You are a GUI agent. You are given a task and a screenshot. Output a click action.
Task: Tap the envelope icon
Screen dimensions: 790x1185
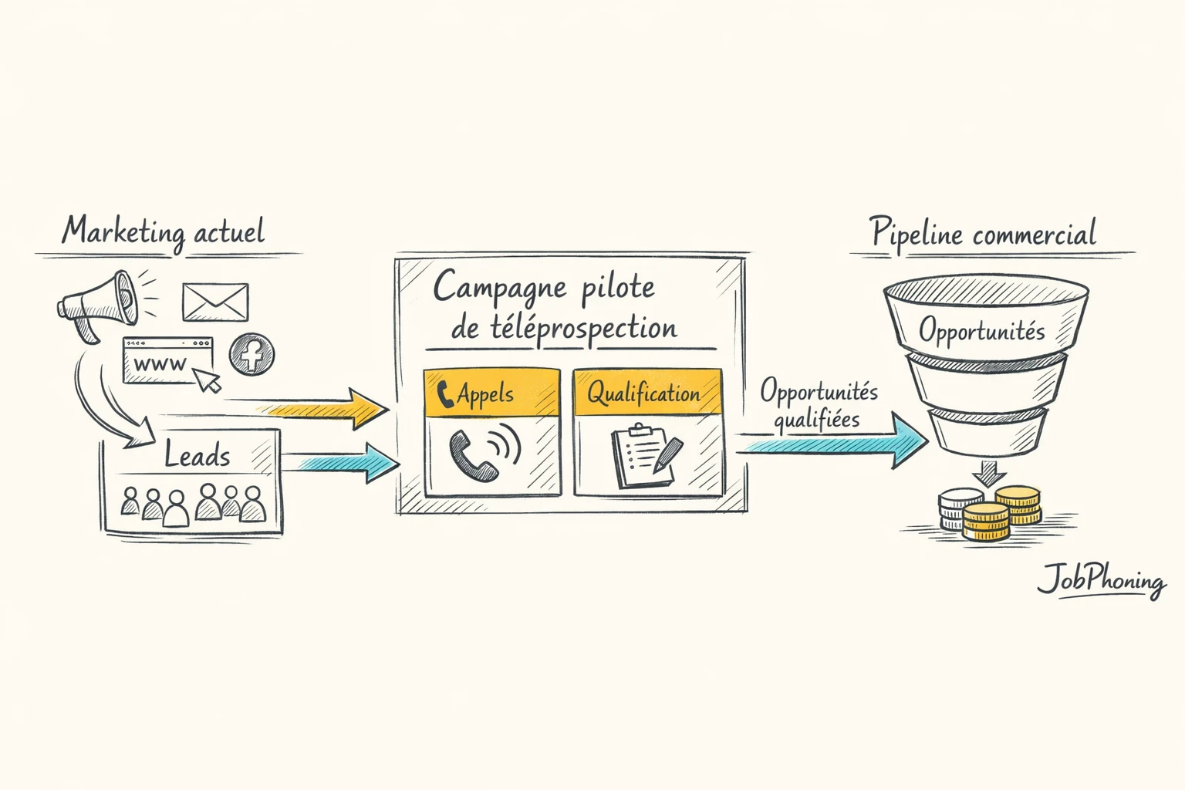[215, 302]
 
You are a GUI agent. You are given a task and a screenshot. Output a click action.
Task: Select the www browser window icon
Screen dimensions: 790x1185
[167, 360]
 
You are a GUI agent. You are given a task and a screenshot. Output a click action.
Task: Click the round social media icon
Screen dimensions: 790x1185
[252, 355]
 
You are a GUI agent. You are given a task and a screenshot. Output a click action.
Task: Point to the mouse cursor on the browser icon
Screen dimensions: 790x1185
[206, 380]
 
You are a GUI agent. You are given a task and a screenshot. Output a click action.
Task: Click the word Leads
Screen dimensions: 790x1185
[197, 455]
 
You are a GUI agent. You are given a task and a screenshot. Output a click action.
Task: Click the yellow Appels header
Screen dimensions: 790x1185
[491, 393]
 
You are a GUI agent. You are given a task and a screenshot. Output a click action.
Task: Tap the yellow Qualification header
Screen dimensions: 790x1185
[647, 393]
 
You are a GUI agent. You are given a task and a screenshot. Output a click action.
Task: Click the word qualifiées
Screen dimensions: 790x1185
[816, 420]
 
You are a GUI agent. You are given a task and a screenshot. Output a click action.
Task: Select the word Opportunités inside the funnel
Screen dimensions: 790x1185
[981, 331]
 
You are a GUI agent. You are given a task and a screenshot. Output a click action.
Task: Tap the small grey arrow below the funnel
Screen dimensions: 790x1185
[984, 471]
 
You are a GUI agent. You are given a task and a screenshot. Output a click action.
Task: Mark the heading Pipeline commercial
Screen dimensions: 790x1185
[984, 232]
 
